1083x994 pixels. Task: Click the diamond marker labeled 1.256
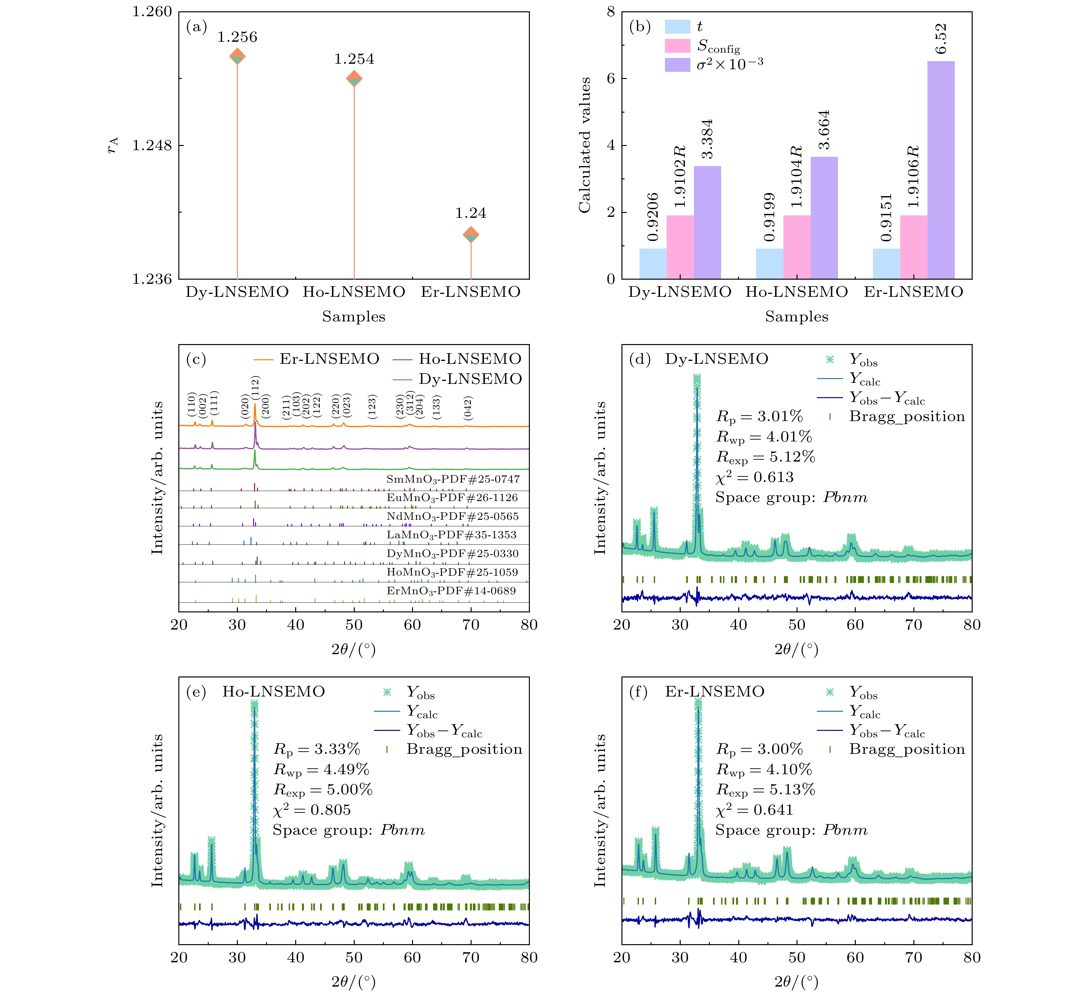pos(237,56)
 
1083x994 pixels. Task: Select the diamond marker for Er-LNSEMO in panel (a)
pos(471,235)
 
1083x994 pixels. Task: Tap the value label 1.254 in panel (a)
pos(354,59)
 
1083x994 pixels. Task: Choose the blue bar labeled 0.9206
pos(653,263)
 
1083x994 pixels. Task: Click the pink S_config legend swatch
pos(677,46)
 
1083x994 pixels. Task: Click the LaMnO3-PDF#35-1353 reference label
pos(451,535)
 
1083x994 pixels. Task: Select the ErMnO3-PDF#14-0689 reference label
pos(451,591)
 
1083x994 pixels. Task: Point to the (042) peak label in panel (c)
pos(468,408)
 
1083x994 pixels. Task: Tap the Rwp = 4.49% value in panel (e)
pos(321,770)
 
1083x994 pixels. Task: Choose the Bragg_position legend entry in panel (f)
pos(907,749)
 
